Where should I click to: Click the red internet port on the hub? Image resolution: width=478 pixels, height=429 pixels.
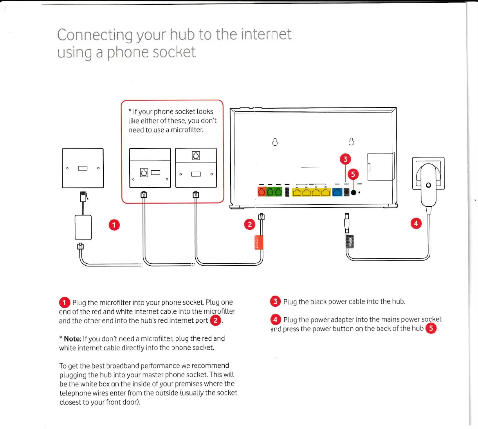tap(262, 191)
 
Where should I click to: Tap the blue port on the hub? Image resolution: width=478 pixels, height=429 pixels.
tap(337, 192)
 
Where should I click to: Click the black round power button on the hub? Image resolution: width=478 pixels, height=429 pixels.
tap(354, 192)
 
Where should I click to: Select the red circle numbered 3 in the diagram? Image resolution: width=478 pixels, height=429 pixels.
tap(345, 159)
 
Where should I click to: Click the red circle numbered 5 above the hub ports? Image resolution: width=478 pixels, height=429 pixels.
tap(353, 174)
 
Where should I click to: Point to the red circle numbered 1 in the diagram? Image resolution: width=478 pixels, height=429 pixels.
tap(114, 225)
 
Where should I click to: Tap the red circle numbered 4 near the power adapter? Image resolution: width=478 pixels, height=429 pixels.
tap(416, 223)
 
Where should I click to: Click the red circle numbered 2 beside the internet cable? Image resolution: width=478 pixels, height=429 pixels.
tap(249, 224)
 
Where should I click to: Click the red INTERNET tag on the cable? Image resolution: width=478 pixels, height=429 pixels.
tap(258, 242)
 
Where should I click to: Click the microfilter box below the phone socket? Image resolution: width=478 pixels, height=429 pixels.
tap(83, 227)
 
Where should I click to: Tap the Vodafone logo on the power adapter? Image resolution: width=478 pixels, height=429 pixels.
tap(428, 185)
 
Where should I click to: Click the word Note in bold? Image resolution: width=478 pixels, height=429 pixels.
tap(72, 339)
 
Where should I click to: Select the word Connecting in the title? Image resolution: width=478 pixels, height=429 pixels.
tap(95, 35)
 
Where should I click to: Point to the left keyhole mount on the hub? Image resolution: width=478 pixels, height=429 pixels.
tap(275, 142)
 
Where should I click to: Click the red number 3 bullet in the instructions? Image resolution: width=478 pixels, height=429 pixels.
tap(275, 301)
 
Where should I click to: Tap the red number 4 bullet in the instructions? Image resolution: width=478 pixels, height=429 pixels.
tap(275, 320)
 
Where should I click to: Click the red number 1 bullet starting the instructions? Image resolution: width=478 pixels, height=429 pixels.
tap(65, 302)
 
